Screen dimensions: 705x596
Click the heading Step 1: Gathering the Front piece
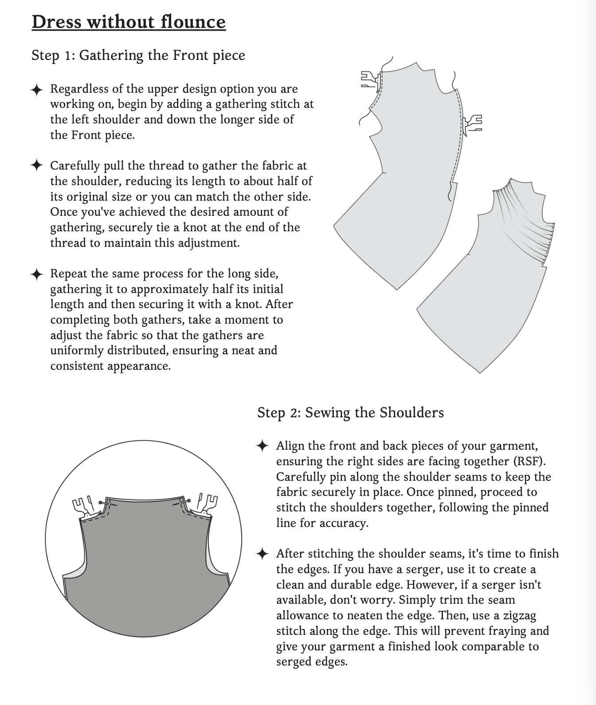[138, 55]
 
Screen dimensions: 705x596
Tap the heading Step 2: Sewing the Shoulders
[350, 412]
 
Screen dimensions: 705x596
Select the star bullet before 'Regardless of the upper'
[37, 90]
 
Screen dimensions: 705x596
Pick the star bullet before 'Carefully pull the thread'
[37, 166]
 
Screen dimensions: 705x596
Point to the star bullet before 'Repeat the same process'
[37, 274]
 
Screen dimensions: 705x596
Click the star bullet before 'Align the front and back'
[263, 446]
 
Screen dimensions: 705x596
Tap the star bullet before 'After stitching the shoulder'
[263, 554]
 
